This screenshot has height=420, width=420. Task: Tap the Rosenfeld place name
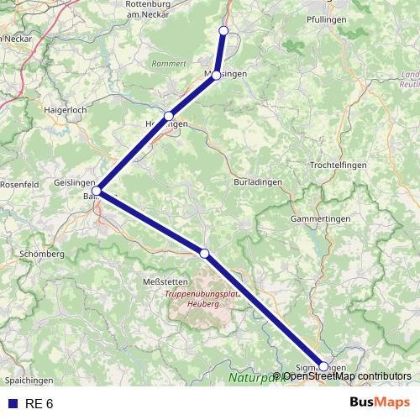coord(17,184)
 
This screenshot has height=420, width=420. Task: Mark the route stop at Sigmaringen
coord(323,366)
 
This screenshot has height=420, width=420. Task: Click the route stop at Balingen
coord(97,191)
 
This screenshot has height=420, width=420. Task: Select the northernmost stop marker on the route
coord(223,30)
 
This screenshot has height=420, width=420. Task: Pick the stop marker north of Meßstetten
coord(204,253)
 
